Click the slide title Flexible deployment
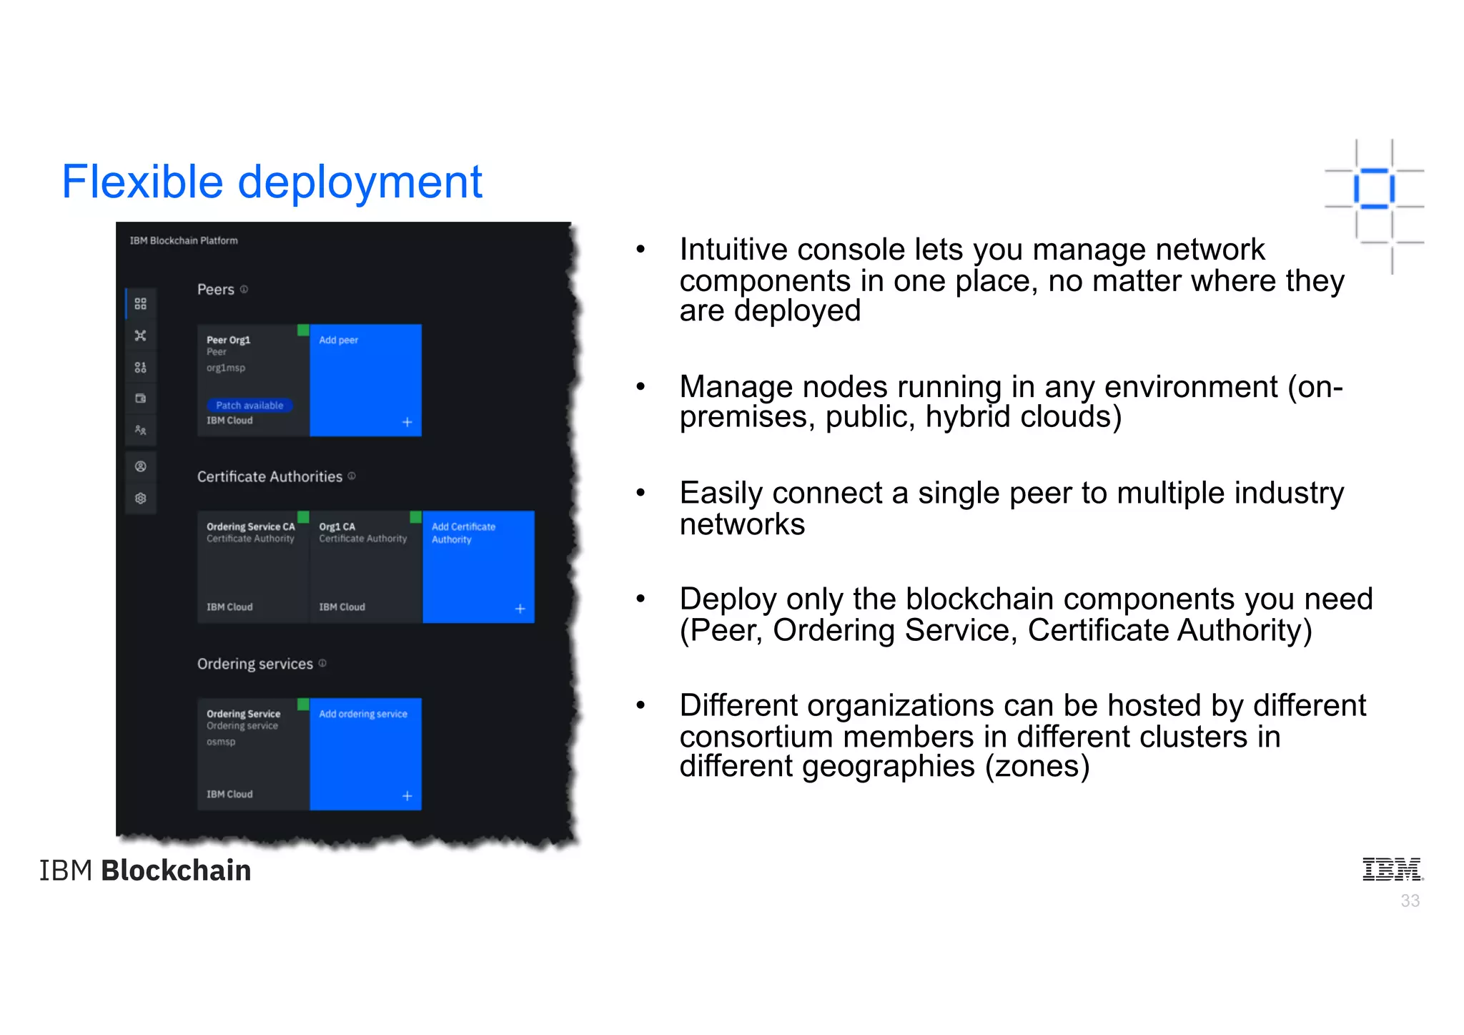272,182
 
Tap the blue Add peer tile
365,380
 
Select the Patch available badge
249,405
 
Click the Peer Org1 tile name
229,340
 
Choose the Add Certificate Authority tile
478,566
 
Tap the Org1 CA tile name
337,526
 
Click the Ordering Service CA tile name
250,526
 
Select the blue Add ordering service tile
365,754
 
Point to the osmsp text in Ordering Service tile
221,742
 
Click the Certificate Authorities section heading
269,476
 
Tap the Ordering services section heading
254,664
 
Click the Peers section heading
215,290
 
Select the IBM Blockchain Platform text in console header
184,240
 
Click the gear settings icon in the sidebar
141,498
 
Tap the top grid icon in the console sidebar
141,304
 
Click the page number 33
1410,901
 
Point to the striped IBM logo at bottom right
1391,869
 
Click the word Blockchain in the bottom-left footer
176,870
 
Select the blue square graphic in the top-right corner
1374,189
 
